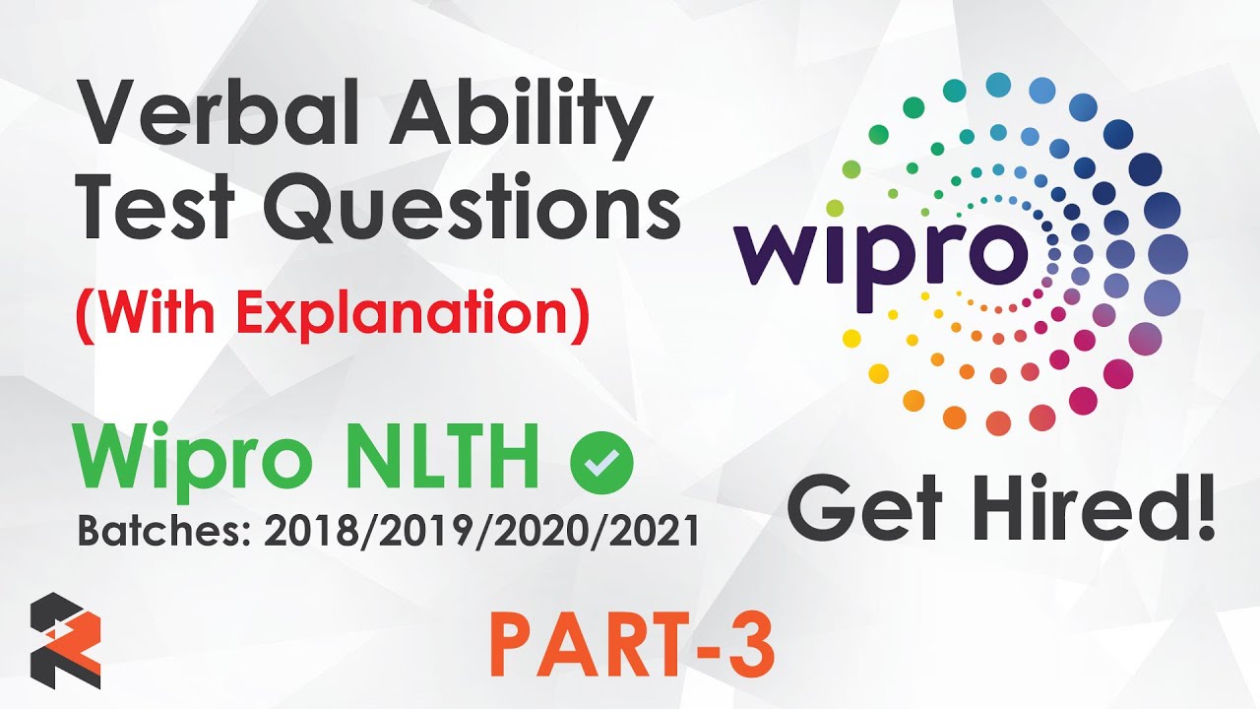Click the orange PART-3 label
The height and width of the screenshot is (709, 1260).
631,645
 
